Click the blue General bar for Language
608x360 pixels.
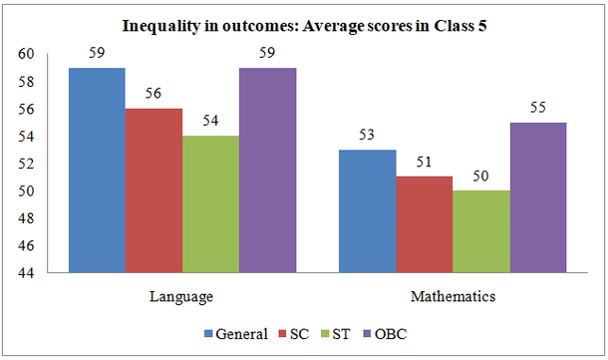click(97, 170)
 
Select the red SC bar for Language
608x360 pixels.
click(153, 189)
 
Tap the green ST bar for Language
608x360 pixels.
click(210, 203)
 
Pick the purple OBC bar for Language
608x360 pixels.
click(267, 170)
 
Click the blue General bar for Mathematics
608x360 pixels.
click(369, 210)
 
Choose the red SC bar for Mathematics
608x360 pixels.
click(426, 224)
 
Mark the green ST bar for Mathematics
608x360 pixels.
click(482, 231)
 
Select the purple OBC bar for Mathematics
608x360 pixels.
click(539, 196)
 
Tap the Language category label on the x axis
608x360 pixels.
click(182, 297)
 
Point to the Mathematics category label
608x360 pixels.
click(454, 297)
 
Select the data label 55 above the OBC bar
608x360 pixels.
click(539, 109)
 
